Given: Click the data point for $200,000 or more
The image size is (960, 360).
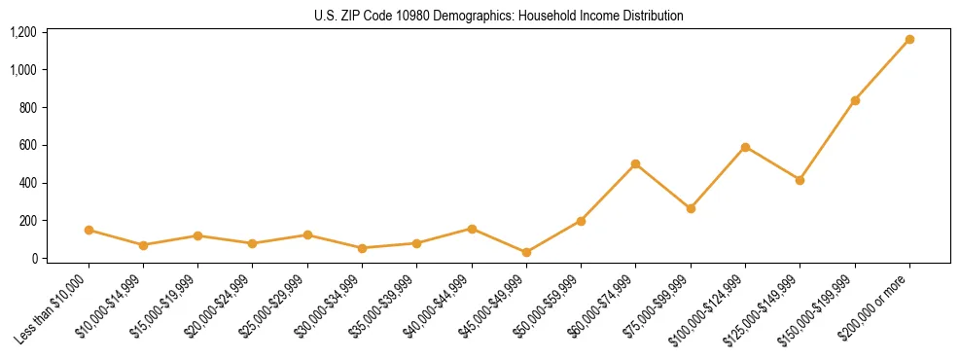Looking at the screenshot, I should pyautogui.click(x=909, y=40).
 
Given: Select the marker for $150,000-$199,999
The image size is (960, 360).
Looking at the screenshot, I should pyautogui.click(x=855, y=101).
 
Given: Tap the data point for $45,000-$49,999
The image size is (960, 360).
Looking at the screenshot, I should pyautogui.click(x=526, y=252).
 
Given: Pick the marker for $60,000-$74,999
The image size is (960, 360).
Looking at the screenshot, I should pyautogui.click(x=635, y=163).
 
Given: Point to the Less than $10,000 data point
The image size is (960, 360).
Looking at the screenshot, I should pyautogui.click(x=89, y=230).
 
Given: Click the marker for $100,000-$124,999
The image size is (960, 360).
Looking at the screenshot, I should pyautogui.click(x=745, y=147).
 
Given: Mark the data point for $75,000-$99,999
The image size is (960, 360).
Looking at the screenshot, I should pyautogui.click(x=691, y=208).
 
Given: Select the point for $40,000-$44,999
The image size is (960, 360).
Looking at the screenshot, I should pyautogui.click(x=472, y=229).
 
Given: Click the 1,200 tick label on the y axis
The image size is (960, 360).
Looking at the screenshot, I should pyautogui.click(x=22, y=32).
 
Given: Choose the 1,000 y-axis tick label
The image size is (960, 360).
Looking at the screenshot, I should pyautogui.click(x=22, y=70).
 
